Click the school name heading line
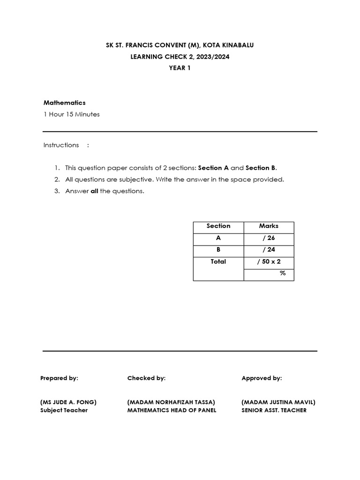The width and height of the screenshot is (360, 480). pyautogui.click(x=180, y=45)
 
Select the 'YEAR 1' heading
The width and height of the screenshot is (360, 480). pyautogui.click(x=180, y=68)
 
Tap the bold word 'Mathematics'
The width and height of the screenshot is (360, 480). pyautogui.click(x=65, y=103)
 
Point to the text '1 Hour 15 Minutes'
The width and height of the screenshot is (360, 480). pyautogui.click(x=72, y=114)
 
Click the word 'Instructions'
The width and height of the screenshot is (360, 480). pyautogui.click(x=61, y=145)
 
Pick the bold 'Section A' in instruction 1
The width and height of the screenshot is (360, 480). pyautogui.click(x=210, y=168)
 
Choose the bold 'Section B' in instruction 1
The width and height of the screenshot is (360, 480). pyautogui.click(x=261, y=168)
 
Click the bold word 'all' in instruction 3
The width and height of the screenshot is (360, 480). pyautogui.click(x=94, y=191)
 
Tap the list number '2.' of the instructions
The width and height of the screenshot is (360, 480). pyautogui.click(x=57, y=180)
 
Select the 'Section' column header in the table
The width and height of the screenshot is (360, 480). pyautogui.click(x=218, y=226)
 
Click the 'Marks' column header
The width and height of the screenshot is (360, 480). pyautogui.click(x=269, y=226)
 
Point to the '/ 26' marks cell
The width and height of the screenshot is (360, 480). pyautogui.click(x=269, y=238)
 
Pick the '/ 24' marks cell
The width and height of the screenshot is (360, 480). pyautogui.click(x=269, y=250)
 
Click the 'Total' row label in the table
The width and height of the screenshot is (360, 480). pyautogui.click(x=218, y=262)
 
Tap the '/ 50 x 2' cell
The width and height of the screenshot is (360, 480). pyautogui.click(x=269, y=262)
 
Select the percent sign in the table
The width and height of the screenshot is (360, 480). pyautogui.click(x=283, y=273)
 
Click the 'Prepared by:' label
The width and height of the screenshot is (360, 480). pyautogui.click(x=60, y=378)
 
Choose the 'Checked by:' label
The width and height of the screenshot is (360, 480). pyautogui.click(x=146, y=378)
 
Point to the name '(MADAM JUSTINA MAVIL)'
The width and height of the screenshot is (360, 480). pyautogui.click(x=278, y=402)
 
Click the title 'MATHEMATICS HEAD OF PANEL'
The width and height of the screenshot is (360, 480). pyautogui.click(x=172, y=411)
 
